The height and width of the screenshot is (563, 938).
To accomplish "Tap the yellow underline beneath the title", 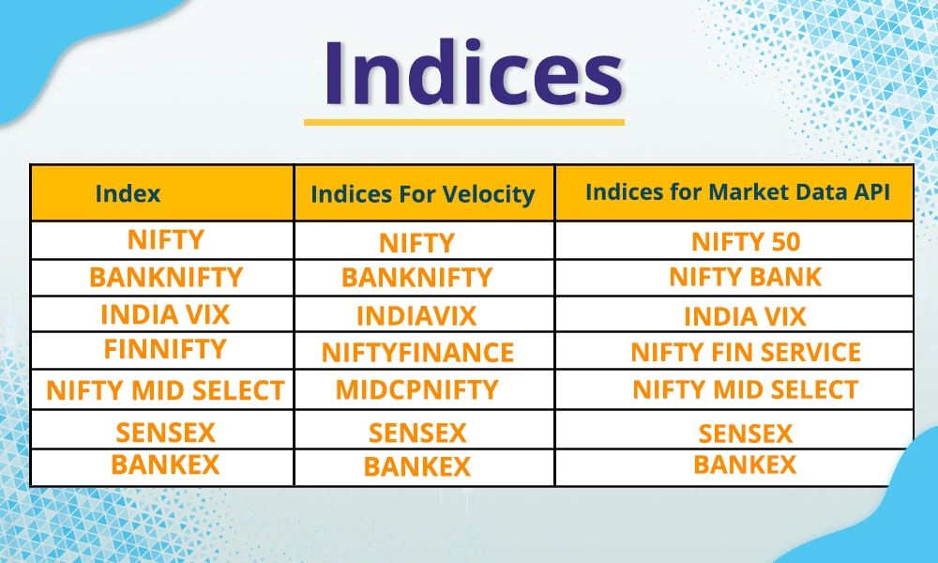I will pyautogui.click(x=463, y=121).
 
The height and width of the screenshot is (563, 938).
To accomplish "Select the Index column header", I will pyautogui.click(x=128, y=193).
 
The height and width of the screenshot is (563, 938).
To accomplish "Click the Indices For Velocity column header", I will pyautogui.click(x=422, y=194).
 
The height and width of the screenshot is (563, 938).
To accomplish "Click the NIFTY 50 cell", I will pyautogui.click(x=746, y=242).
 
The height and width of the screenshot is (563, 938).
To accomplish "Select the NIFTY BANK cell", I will pyautogui.click(x=745, y=277).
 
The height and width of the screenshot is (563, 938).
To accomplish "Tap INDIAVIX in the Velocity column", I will pyautogui.click(x=416, y=315).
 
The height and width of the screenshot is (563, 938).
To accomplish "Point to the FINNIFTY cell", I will pyautogui.click(x=165, y=349).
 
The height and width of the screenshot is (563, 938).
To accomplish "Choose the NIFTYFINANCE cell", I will pyautogui.click(x=417, y=353).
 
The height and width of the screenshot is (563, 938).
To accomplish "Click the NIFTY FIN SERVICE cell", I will pyautogui.click(x=746, y=353).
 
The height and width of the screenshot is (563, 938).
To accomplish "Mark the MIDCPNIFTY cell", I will pyautogui.click(x=417, y=389).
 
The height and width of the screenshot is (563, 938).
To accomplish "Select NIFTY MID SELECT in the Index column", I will pyautogui.click(x=165, y=390).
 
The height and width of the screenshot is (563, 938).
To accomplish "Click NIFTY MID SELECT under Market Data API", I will pyautogui.click(x=746, y=389).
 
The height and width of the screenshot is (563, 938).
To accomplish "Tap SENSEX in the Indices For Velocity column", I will pyautogui.click(x=417, y=433).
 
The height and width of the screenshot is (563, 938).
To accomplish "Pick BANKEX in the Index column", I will pyautogui.click(x=165, y=464).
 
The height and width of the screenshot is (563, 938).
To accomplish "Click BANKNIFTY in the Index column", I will pyautogui.click(x=165, y=278).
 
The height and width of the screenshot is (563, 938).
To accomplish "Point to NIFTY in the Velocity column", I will pyautogui.click(x=417, y=244).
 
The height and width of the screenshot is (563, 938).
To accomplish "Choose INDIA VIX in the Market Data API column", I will pyautogui.click(x=745, y=316).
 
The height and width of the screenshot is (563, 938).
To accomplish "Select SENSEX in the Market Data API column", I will pyautogui.click(x=746, y=434).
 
